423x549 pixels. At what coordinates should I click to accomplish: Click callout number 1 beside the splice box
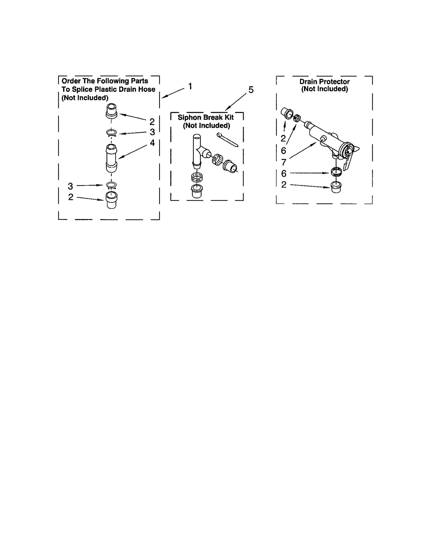pos(190,86)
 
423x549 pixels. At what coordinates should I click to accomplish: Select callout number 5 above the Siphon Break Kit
pos(251,90)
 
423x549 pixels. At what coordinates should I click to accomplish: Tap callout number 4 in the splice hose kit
pos(152,143)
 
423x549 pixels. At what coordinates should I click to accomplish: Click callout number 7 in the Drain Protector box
pos(284,162)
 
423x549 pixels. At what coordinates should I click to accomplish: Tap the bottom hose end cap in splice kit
pos(111,200)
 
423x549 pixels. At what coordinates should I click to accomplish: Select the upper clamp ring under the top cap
pos(111,133)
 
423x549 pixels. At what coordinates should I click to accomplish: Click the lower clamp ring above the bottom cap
pos(111,185)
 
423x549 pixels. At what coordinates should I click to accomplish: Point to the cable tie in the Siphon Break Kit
pos(227,139)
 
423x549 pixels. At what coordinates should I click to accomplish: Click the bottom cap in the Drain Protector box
pos(336,187)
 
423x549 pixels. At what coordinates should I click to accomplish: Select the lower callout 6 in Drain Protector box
pos(284,174)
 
